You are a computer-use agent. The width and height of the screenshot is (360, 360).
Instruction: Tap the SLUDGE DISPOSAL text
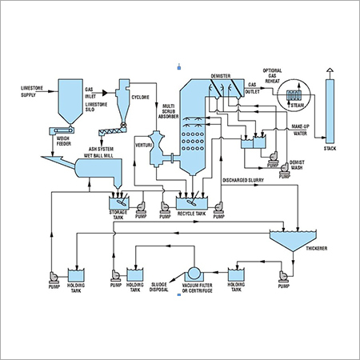pos(158,294)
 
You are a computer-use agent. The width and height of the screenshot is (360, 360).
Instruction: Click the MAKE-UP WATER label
pos(300,131)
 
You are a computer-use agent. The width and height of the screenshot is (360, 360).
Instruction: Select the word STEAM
pos(296,102)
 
